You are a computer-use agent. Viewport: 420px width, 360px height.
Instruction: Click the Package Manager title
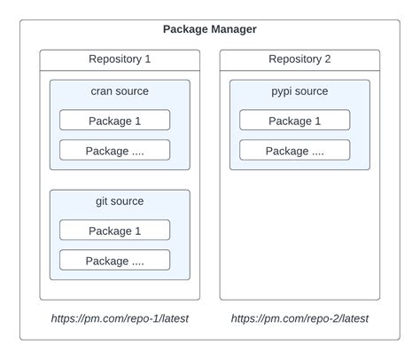tap(210, 29)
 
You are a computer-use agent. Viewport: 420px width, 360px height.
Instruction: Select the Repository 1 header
tap(120, 59)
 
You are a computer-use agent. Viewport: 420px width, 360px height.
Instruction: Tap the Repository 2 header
tap(299, 59)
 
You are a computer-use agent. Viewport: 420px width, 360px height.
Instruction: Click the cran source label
tap(120, 91)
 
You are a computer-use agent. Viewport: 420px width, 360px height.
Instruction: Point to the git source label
tap(120, 201)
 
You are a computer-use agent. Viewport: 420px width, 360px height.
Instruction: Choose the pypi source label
tap(299, 91)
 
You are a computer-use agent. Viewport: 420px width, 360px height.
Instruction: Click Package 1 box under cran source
tap(114, 121)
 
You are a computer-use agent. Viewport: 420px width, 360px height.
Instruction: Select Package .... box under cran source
tap(114, 151)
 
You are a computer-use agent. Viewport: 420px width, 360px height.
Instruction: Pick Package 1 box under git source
tap(114, 231)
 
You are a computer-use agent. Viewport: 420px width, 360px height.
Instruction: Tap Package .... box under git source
tap(114, 261)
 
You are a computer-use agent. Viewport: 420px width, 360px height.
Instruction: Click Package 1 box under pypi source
tap(294, 121)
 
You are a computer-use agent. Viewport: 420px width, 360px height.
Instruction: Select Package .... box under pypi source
tap(294, 151)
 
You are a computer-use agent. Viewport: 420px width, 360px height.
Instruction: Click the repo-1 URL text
tap(120, 318)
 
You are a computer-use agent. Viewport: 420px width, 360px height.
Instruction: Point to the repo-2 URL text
tap(299, 318)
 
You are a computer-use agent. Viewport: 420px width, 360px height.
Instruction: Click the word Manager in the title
tap(233, 29)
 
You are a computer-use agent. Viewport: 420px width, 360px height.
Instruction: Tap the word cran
tap(103, 91)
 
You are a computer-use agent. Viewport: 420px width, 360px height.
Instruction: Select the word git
tap(103, 201)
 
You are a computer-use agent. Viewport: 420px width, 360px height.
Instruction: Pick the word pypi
tap(283, 91)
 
